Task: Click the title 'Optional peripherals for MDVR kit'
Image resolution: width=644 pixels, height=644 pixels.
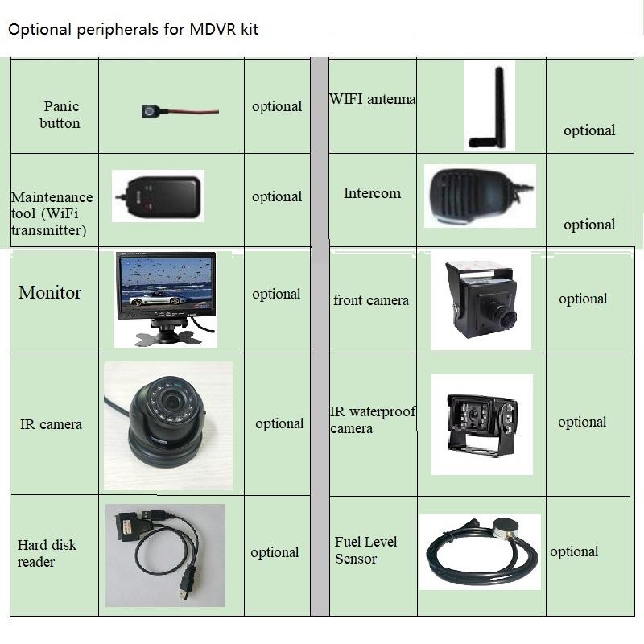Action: click(133, 30)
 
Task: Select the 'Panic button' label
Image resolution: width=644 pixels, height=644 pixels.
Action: click(60, 114)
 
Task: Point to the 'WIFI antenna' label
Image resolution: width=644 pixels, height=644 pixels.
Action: click(373, 99)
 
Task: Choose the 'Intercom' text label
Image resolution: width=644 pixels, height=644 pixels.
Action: click(372, 193)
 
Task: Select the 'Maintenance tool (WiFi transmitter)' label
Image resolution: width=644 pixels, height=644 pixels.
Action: click(52, 213)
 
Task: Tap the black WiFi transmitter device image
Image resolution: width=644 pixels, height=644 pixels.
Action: click(161, 196)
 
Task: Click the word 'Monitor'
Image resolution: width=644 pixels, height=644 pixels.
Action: click(50, 292)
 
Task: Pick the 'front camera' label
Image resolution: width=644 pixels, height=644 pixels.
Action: click(371, 300)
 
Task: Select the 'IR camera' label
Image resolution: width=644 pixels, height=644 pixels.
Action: click(51, 424)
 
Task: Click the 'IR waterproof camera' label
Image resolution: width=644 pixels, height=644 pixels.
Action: click(373, 419)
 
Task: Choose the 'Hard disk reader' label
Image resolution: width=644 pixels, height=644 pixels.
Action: click(47, 553)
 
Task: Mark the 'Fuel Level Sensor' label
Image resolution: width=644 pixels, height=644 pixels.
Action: click(366, 550)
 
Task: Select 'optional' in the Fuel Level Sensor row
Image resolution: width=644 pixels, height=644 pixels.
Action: click(574, 552)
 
